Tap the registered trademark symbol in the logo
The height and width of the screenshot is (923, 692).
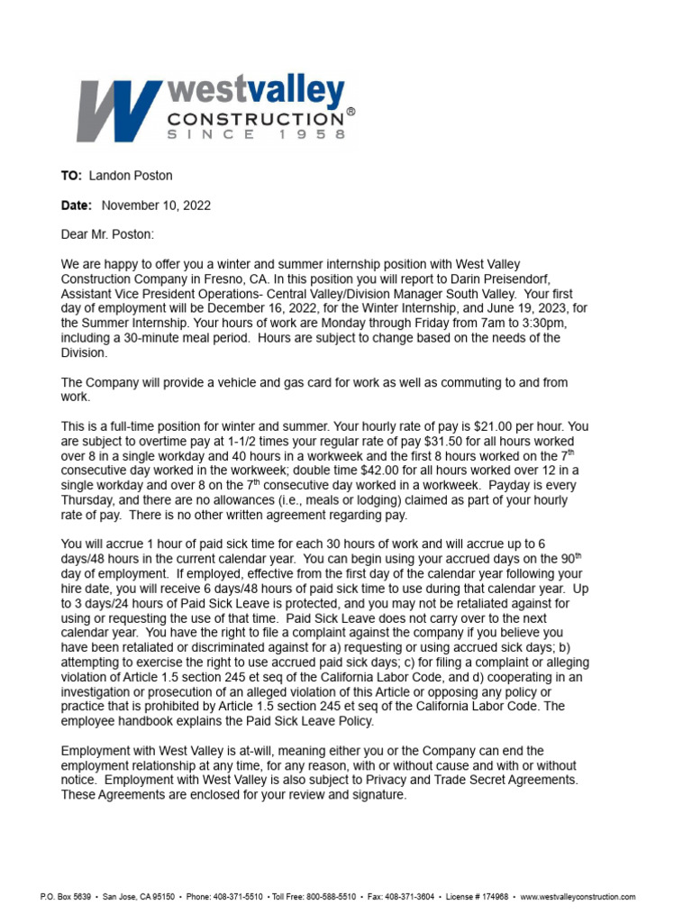(x=351, y=113)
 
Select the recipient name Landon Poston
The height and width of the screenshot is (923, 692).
(x=131, y=176)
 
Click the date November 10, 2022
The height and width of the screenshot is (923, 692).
(x=156, y=206)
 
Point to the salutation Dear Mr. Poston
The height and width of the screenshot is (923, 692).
(x=107, y=234)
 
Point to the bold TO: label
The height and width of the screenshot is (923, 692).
(x=71, y=176)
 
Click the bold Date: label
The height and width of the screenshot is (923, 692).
(x=77, y=206)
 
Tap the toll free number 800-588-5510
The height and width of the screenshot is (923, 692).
(x=328, y=897)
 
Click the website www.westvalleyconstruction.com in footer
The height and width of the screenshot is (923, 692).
(x=578, y=897)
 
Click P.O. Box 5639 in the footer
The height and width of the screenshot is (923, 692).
(x=65, y=897)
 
